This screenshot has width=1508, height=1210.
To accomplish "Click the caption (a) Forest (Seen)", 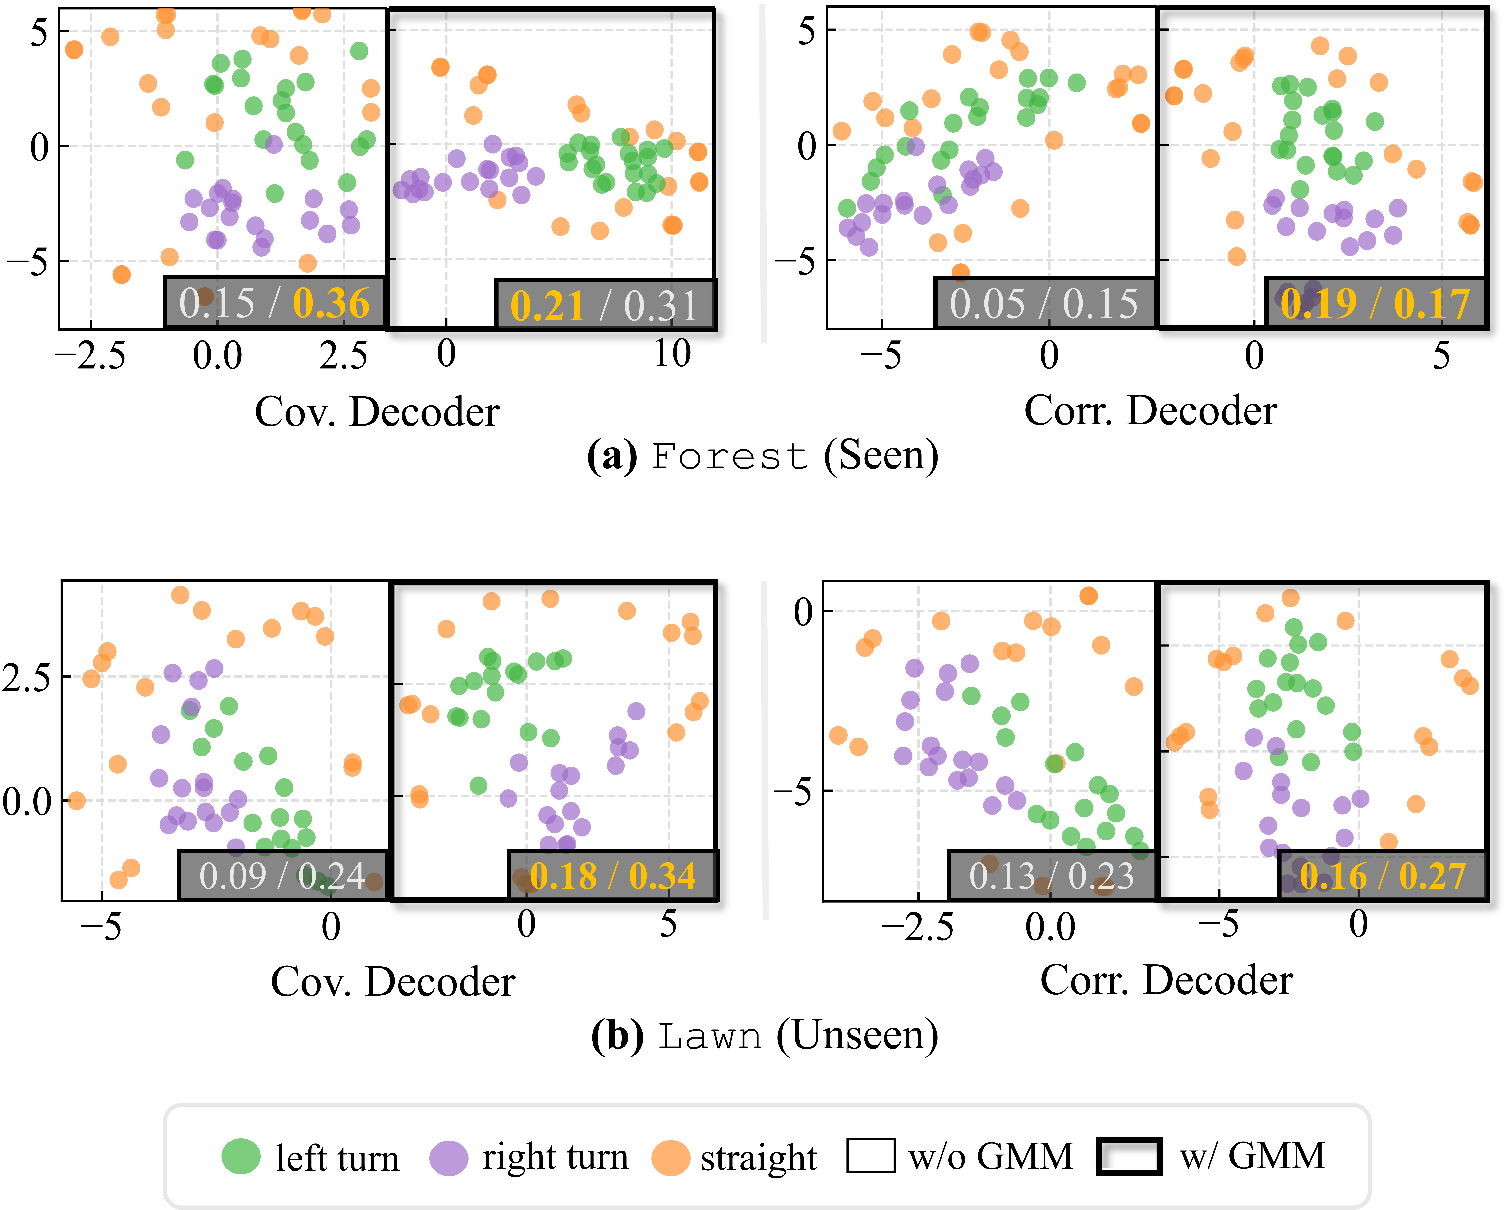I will (762, 456).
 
